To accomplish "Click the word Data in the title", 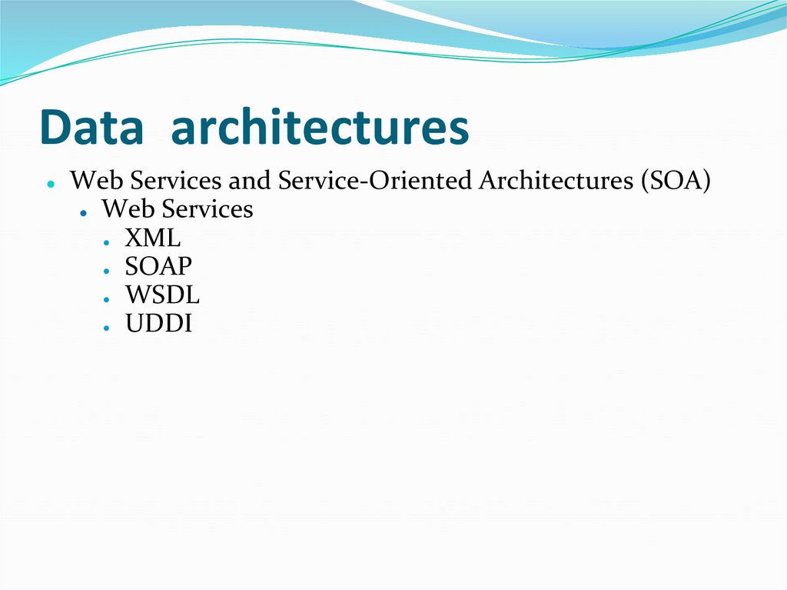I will tap(91, 128).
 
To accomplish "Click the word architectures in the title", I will tap(320, 128).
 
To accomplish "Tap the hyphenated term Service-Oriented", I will tap(376, 181).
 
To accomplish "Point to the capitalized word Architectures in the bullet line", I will tap(555, 181).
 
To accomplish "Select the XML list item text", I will tap(153, 238).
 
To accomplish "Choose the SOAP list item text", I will tap(158, 266).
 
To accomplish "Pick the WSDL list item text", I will tap(162, 295).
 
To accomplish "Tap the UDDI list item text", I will tap(158, 323).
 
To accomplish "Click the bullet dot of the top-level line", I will tap(50, 185).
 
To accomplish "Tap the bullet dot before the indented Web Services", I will tap(81, 213).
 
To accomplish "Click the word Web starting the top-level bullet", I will tap(91, 181).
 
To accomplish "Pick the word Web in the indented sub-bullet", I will tap(123, 209).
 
